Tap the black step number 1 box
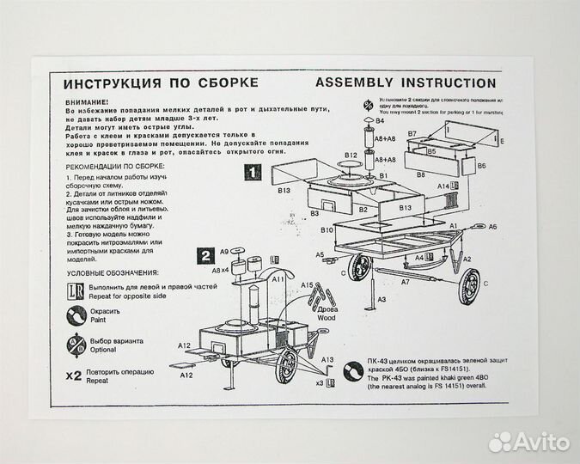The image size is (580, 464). coord(252,172)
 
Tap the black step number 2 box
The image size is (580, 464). coord(206,254)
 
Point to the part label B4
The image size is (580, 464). coord(379,120)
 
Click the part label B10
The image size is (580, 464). coord(327,231)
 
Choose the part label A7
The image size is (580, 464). coord(405,281)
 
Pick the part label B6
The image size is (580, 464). coord(482,166)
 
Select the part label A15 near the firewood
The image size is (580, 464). coord(307,284)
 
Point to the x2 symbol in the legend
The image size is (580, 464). coord(74,375)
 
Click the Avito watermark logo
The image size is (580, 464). coord(528,442)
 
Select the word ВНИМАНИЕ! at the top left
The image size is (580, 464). coord(86,101)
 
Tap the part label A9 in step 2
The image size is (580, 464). coord(223,251)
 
